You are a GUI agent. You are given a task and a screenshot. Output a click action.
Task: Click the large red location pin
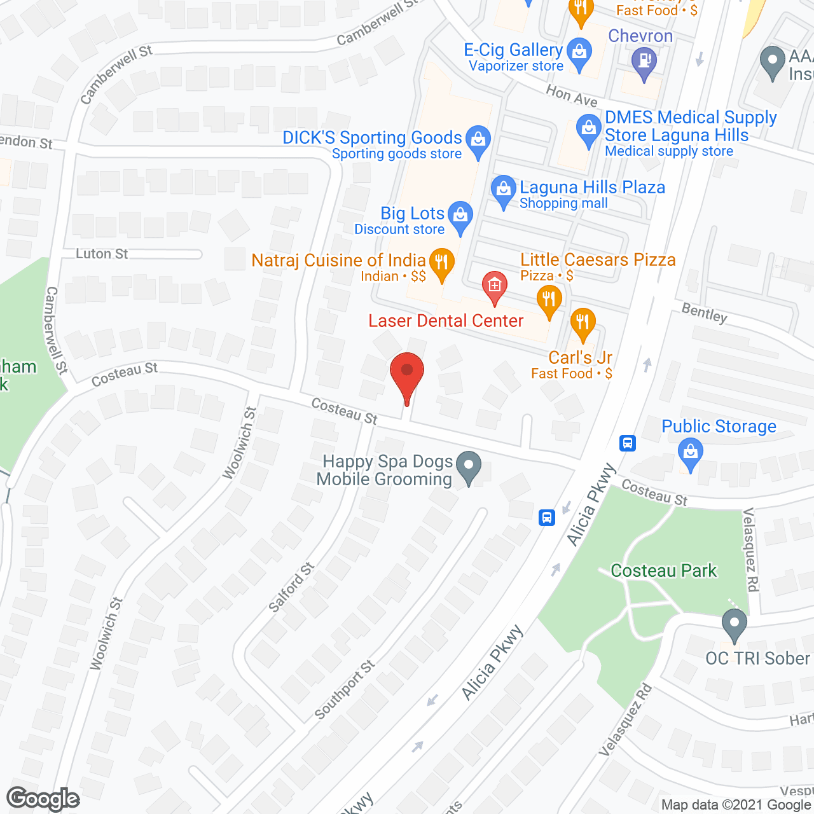point(407,372)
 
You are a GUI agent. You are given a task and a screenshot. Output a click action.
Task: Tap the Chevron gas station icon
point(645,62)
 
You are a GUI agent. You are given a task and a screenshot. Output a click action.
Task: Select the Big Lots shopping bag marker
point(460,216)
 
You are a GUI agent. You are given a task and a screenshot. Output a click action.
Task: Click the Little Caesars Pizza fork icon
point(549,299)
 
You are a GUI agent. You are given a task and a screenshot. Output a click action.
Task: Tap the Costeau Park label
point(663,570)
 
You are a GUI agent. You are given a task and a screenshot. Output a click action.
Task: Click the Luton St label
point(102,254)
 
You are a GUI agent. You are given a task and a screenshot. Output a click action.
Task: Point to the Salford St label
point(291,588)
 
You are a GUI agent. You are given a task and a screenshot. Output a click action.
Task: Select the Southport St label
point(345,690)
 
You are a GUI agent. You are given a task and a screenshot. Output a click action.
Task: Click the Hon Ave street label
point(572,96)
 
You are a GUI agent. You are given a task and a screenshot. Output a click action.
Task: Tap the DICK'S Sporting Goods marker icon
point(478,140)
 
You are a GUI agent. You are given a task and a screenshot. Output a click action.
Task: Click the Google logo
point(43,799)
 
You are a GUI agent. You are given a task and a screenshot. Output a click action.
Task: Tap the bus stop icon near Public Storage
point(628,443)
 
